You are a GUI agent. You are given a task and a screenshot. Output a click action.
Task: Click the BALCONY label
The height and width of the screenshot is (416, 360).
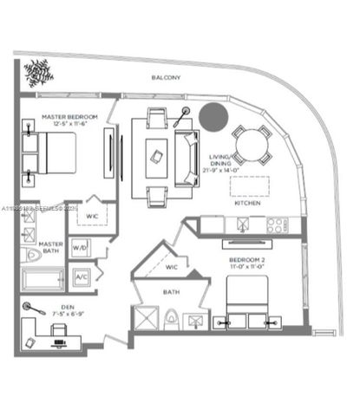tap(166, 78)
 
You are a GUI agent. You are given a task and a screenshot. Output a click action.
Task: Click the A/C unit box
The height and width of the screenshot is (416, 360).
tap(82, 276)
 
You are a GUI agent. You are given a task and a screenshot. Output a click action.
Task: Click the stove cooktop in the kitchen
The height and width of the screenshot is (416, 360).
tap(276, 225)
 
